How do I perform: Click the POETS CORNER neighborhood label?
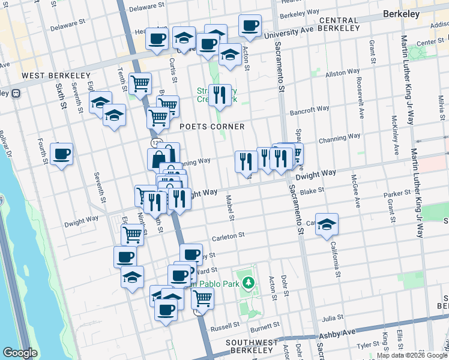(212, 127)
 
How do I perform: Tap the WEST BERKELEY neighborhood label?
(55, 76)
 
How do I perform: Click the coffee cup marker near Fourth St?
(61, 155)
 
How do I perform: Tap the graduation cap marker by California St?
(327, 225)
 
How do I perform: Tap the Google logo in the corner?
(20, 353)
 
